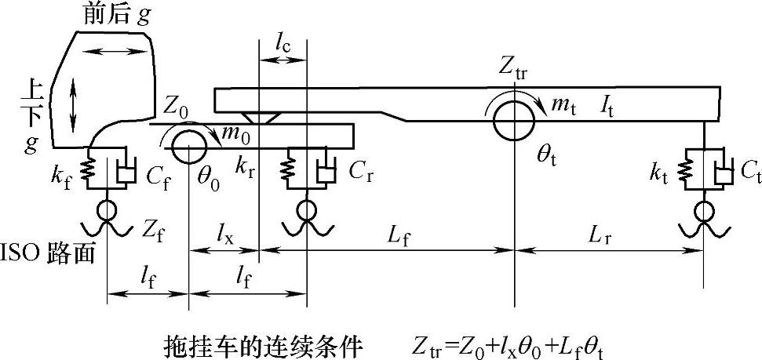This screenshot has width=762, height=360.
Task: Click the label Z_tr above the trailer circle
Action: point(514,68)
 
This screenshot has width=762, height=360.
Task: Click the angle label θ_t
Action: point(547,155)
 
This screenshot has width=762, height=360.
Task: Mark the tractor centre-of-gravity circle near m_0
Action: point(188,147)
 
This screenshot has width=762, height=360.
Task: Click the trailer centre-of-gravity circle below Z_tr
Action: point(514,119)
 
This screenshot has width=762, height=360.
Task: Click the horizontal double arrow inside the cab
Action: point(115,51)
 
